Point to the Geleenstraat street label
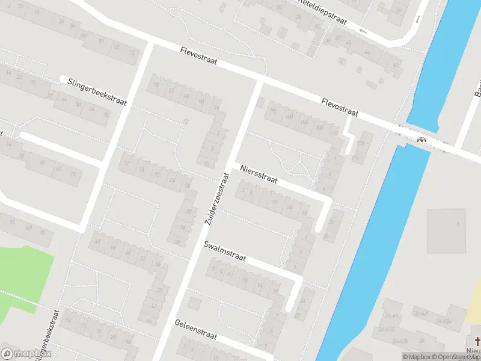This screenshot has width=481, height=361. pyautogui.click(x=196, y=331)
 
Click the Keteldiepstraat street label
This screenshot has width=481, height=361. pyautogui.click(x=323, y=11)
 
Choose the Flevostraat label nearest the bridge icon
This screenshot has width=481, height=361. pyautogui.click(x=340, y=108)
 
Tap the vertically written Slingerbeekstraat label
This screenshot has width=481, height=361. pyautogui.click(x=47, y=337)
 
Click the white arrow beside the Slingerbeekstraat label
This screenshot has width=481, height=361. pyautogui.click(x=63, y=78)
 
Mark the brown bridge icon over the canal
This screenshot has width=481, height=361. pyautogui.click(x=422, y=140)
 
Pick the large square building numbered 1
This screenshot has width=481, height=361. pyautogui.click(x=446, y=230)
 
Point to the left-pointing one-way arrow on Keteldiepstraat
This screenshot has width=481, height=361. pyautogui.click(x=362, y=30)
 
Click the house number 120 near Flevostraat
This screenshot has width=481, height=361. pyautogui.click(x=361, y=143)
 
